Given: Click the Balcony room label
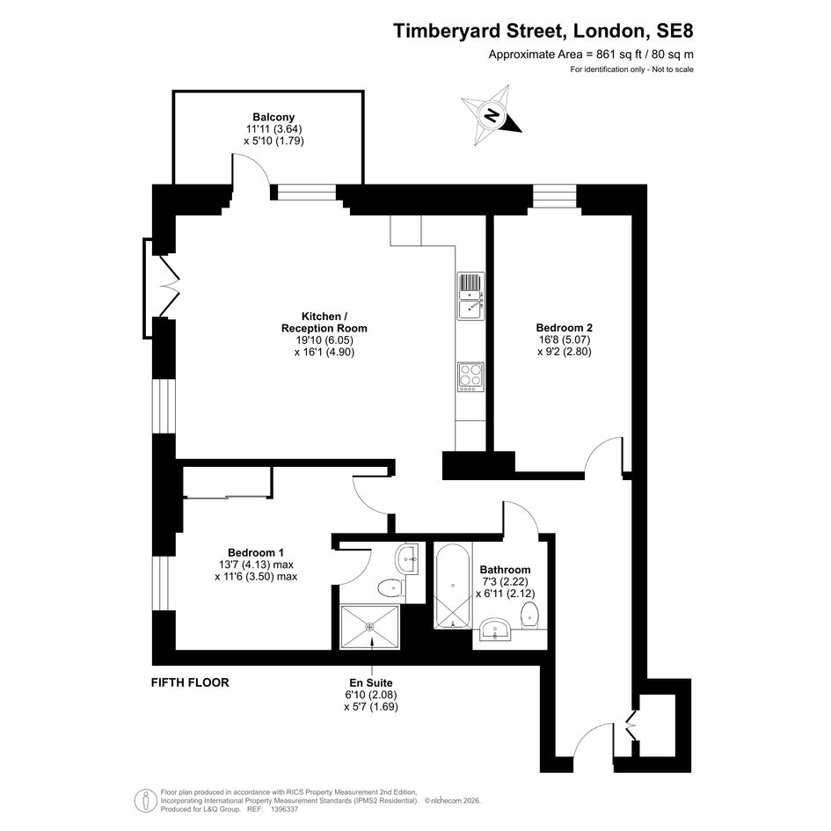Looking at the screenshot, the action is click(x=273, y=117).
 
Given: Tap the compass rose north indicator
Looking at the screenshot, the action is click(x=492, y=114).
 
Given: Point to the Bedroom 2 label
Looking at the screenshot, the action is click(x=564, y=327).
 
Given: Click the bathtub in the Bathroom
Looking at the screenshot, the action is click(x=453, y=586).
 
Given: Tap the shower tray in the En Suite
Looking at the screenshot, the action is click(x=370, y=627).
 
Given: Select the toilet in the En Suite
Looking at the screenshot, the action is click(x=391, y=588).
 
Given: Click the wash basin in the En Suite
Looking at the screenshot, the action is click(x=407, y=558).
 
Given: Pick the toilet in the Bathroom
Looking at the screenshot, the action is click(x=529, y=616).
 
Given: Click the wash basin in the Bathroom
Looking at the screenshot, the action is click(x=495, y=630).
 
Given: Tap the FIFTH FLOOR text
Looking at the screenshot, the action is click(x=190, y=682).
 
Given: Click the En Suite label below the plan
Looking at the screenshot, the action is click(x=371, y=682).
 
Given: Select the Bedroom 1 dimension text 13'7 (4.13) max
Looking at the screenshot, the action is click(x=256, y=565).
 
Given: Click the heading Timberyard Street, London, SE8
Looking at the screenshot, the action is click(x=543, y=31).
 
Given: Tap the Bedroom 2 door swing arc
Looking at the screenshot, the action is click(x=603, y=448).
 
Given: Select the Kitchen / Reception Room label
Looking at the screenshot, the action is click(x=324, y=322).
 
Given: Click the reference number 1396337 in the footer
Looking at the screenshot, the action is click(x=285, y=809).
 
